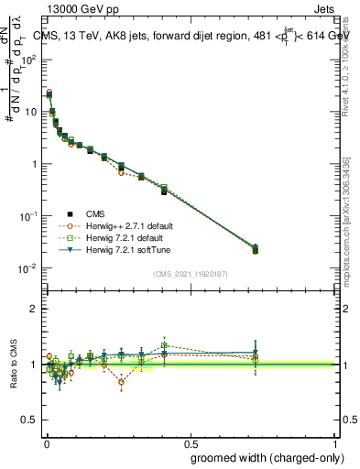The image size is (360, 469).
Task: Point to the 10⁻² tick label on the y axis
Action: [x=27, y=268]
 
